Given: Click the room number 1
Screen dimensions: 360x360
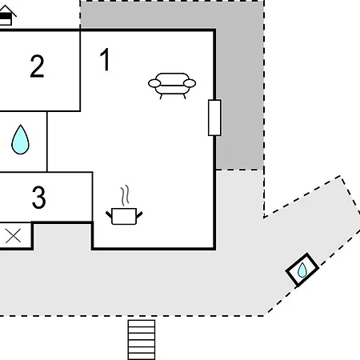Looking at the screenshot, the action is (106, 59).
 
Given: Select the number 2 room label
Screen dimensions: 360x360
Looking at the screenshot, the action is (37, 66).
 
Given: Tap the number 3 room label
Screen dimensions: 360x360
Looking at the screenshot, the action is (39, 198).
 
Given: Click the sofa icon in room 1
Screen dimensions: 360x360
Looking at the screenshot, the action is (172, 86).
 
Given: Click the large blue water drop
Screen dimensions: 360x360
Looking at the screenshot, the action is (20, 139).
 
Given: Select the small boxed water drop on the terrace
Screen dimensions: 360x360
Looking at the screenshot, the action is (302, 270).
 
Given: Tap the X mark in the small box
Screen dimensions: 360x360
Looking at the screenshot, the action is (13, 236).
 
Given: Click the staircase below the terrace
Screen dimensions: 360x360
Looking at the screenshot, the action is (142, 340).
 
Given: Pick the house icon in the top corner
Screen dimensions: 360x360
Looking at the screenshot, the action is (6, 15).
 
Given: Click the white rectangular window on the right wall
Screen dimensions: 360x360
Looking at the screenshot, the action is (214, 118).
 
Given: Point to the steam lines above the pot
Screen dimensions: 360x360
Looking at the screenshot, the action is (125, 196).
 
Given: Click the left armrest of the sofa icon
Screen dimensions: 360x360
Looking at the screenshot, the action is (154, 83).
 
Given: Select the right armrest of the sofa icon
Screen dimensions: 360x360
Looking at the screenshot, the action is (190, 83).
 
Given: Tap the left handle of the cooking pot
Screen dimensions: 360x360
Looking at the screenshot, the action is (109, 214).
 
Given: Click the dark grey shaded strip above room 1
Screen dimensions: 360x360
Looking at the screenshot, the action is (172, 14).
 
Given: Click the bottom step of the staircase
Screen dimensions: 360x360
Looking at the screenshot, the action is (142, 357).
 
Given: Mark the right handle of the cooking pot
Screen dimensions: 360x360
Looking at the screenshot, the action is (139, 214).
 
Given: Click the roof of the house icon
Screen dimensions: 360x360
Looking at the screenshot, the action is (7, 10).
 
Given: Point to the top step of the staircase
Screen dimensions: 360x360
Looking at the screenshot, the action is (142, 323).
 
